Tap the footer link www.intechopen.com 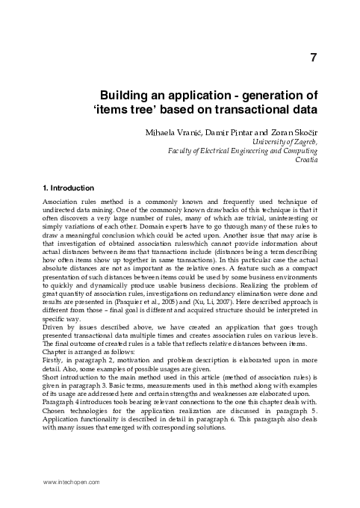[72, 483]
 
